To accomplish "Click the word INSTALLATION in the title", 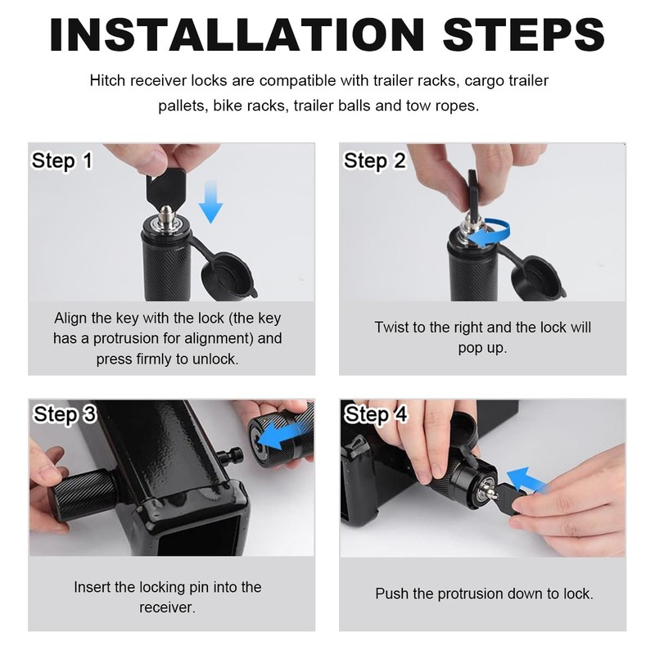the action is pyautogui.click(x=237, y=34).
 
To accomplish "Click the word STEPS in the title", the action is pyautogui.click(x=524, y=34).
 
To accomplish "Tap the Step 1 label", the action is pyautogui.click(x=62, y=161).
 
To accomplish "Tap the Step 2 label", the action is pyautogui.click(x=374, y=161).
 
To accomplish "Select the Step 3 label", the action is pyautogui.click(x=65, y=415).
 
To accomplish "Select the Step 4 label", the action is pyautogui.click(x=376, y=415).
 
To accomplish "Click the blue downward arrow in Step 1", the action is pyautogui.click(x=211, y=202).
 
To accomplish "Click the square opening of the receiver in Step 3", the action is pyautogui.click(x=199, y=535).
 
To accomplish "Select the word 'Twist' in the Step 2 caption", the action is pyautogui.click(x=391, y=327).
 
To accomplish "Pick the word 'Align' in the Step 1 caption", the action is pyautogui.click(x=69, y=318).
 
